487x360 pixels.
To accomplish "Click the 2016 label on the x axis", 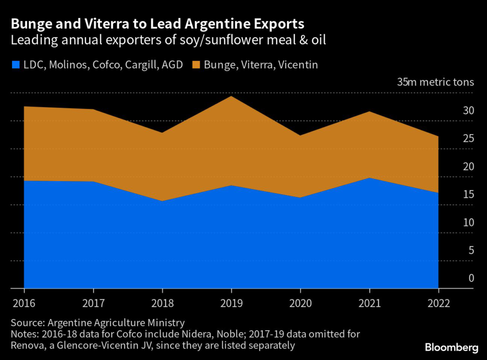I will point(24,303).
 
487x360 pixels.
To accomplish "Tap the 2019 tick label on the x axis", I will point(231,303).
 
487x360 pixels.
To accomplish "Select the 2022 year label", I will point(438,303).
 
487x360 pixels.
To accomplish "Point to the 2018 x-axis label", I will point(162,303).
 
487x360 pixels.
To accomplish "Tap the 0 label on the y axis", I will point(471,278).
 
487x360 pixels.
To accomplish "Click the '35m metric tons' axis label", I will point(436,82).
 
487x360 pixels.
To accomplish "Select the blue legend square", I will point(15,65).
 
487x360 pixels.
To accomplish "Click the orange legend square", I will point(196,65).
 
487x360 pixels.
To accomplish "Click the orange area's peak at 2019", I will point(231,97).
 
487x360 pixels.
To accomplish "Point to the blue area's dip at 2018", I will point(162,202).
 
